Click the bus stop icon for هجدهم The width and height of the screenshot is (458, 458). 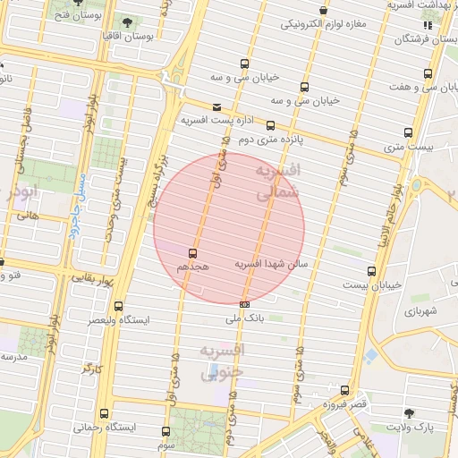click(x=192, y=253)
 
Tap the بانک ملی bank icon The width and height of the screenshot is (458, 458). click(x=244, y=304)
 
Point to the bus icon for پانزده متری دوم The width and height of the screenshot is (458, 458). click(x=269, y=125)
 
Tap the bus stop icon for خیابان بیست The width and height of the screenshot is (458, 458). click(x=371, y=271)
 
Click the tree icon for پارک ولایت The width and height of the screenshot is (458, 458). click(x=409, y=412)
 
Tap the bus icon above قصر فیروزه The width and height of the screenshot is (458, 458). click(x=344, y=389)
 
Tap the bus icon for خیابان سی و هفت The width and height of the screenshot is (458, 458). click(x=430, y=73)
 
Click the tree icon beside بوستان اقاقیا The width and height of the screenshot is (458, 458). click(x=125, y=21)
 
